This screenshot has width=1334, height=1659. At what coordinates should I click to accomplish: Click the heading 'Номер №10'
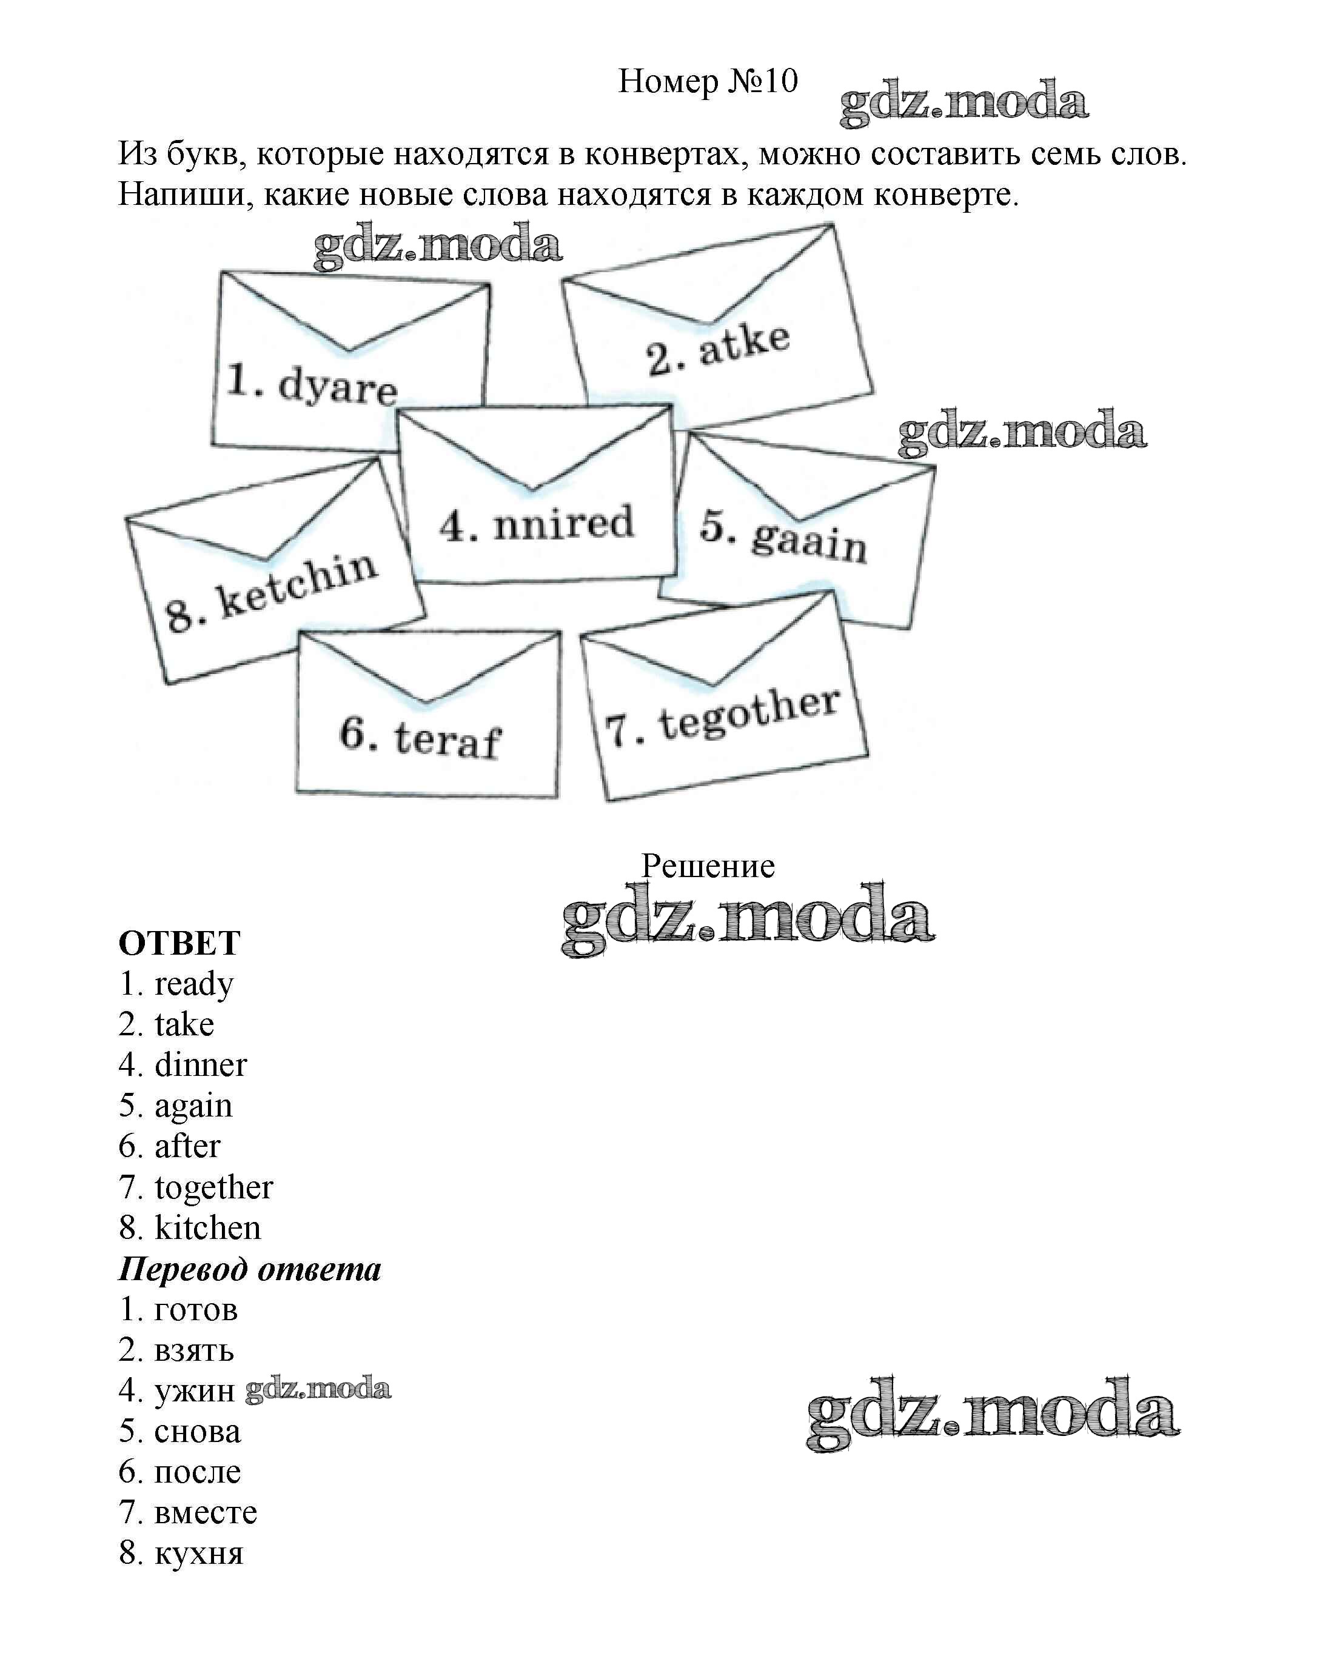pos(708,81)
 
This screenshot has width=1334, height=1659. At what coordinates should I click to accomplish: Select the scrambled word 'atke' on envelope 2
pos(743,345)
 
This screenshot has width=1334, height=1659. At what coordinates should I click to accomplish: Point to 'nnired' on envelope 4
pos(563,522)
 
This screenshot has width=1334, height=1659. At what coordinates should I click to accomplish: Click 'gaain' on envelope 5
pos(808,540)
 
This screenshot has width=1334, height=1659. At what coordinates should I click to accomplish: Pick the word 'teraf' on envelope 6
pos(447,740)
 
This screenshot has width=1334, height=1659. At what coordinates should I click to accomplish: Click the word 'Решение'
pos(708,866)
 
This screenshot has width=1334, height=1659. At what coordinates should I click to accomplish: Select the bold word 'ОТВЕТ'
pos(179,943)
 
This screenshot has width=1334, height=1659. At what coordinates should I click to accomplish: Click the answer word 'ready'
pos(194,984)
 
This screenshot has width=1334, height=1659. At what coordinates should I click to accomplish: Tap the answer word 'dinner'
pos(201,1065)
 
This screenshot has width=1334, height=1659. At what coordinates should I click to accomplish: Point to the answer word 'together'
pos(214,1187)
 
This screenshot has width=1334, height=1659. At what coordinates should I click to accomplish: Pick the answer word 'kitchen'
pos(208,1228)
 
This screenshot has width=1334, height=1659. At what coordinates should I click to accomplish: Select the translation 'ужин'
pos(195,1391)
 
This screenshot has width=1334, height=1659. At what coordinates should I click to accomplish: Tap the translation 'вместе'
pos(206,1513)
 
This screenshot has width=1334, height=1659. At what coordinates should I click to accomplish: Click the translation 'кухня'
pos(199,1554)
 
